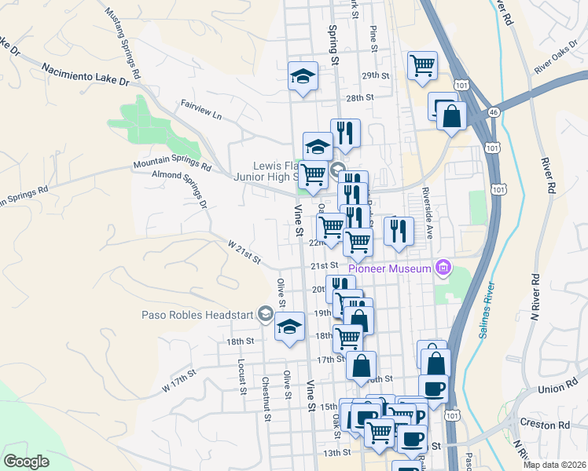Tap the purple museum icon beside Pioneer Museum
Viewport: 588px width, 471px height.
coord(443,268)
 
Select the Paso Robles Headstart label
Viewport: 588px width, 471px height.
coord(198,316)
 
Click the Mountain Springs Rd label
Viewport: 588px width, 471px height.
coord(172,165)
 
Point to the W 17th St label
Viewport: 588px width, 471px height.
coord(178,383)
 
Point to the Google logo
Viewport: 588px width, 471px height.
coord(26,462)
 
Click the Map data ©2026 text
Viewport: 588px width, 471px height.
coord(554,465)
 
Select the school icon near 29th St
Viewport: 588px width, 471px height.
coord(303,76)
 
